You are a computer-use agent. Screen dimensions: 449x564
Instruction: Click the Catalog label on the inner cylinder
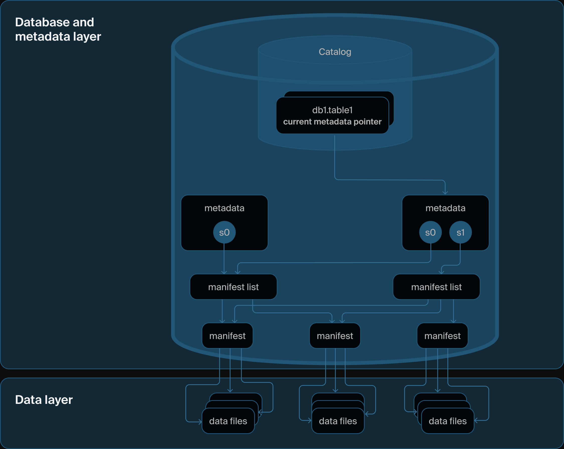click(335, 52)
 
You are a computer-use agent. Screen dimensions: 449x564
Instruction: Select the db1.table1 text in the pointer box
click(332, 110)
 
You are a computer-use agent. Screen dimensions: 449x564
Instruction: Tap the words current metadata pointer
click(332, 122)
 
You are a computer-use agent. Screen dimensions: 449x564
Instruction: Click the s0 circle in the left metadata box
click(224, 232)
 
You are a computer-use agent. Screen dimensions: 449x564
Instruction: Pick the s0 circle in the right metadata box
click(430, 232)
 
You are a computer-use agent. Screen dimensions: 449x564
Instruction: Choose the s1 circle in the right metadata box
click(460, 232)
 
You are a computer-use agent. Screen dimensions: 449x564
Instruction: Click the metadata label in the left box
click(224, 208)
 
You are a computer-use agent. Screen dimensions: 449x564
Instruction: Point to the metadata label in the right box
click(445, 208)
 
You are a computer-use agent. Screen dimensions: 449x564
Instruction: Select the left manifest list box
click(233, 287)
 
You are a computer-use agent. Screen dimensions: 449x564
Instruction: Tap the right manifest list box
click(436, 287)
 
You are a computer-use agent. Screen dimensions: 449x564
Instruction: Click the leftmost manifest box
click(227, 336)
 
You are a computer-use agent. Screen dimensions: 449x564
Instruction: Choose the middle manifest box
click(335, 336)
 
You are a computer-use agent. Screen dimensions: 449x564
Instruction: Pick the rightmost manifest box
click(442, 336)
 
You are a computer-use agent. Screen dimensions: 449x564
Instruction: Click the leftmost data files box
click(228, 421)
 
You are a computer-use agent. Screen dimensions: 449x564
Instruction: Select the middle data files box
click(338, 421)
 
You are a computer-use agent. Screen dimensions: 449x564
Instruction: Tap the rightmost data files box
click(448, 421)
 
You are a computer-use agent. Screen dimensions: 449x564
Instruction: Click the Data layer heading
click(44, 400)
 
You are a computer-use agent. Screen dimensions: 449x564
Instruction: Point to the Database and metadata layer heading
click(58, 29)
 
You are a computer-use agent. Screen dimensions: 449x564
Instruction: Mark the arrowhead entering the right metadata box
click(445, 193)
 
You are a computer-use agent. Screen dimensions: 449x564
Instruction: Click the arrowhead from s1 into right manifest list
click(442, 272)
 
